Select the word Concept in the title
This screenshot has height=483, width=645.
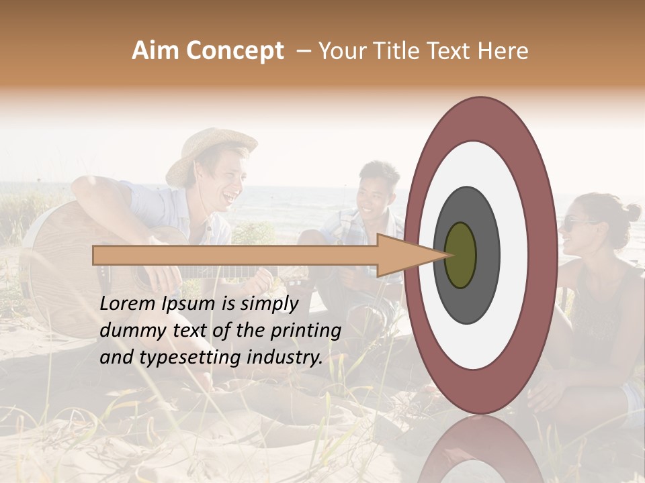(x=234, y=52)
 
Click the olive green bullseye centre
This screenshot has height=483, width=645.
(x=460, y=256)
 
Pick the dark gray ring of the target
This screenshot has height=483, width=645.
(x=484, y=268)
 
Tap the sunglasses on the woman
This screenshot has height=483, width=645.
(x=576, y=224)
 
